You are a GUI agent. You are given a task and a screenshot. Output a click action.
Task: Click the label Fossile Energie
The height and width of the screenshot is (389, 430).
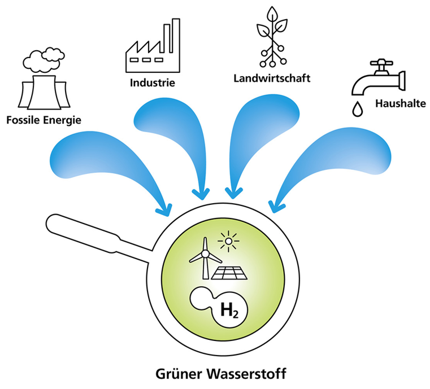point(44,120)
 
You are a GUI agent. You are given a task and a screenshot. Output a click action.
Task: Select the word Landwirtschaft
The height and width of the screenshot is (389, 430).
point(272,78)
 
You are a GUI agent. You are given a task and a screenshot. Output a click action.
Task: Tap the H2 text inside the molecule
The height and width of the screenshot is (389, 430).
point(227,309)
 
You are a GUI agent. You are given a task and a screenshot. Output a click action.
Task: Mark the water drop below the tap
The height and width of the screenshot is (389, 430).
point(357,110)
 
